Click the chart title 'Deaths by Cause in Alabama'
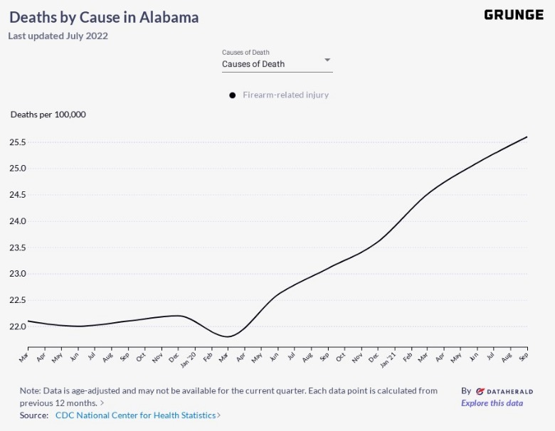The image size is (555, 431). click(x=104, y=17)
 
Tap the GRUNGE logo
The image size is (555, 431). click(x=513, y=15)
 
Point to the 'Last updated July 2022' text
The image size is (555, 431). click(x=58, y=36)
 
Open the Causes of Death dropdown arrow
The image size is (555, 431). click(x=327, y=60)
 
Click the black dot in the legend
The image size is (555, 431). click(x=232, y=95)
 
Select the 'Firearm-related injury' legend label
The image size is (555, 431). click(x=285, y=95)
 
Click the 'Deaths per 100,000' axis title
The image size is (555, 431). click(x=48, y=115)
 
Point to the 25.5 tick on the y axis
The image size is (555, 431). click(x=18, y=142)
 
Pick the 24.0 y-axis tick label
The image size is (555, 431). click(x=18, y=221)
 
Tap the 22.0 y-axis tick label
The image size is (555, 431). click(x=18, y=326)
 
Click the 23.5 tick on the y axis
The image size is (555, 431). click(x=18, y=248)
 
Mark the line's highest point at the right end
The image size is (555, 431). click(x=527, y=137)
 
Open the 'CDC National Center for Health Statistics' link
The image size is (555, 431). click(x=137, y=415)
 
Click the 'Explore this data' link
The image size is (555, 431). click(x=492, y=403)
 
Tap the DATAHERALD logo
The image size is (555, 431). click(x=504, y=391)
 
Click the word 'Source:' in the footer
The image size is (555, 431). click(x=34, y=415)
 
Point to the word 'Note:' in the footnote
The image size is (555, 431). click(x=31, y=391)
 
